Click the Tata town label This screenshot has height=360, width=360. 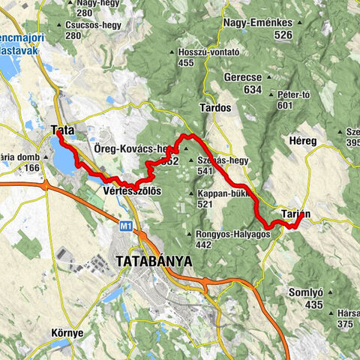[x=62, y=130]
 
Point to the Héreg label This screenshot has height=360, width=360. [x=303, y=141]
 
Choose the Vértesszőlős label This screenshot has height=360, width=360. [x=129, y=191]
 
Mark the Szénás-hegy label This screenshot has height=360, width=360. [x=225, y=160]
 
